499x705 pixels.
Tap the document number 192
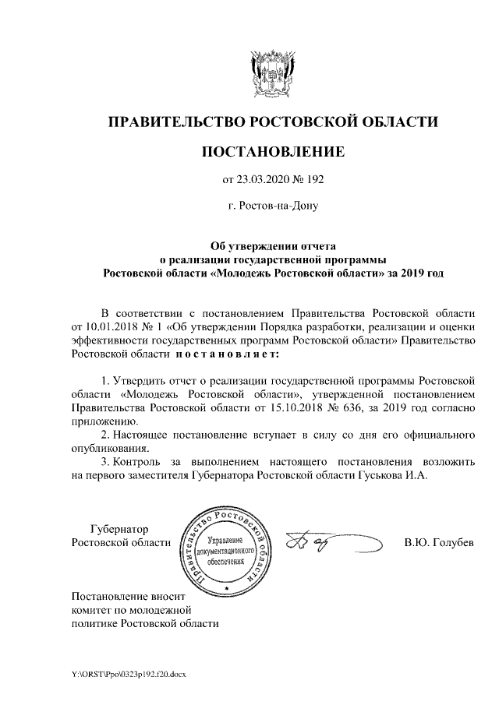click(x=313, y=179)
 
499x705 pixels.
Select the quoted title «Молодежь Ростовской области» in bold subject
click(x=296, y=273)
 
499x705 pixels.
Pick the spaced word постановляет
click(x=225, y=354)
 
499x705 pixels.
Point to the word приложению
click(x=99, y=420)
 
